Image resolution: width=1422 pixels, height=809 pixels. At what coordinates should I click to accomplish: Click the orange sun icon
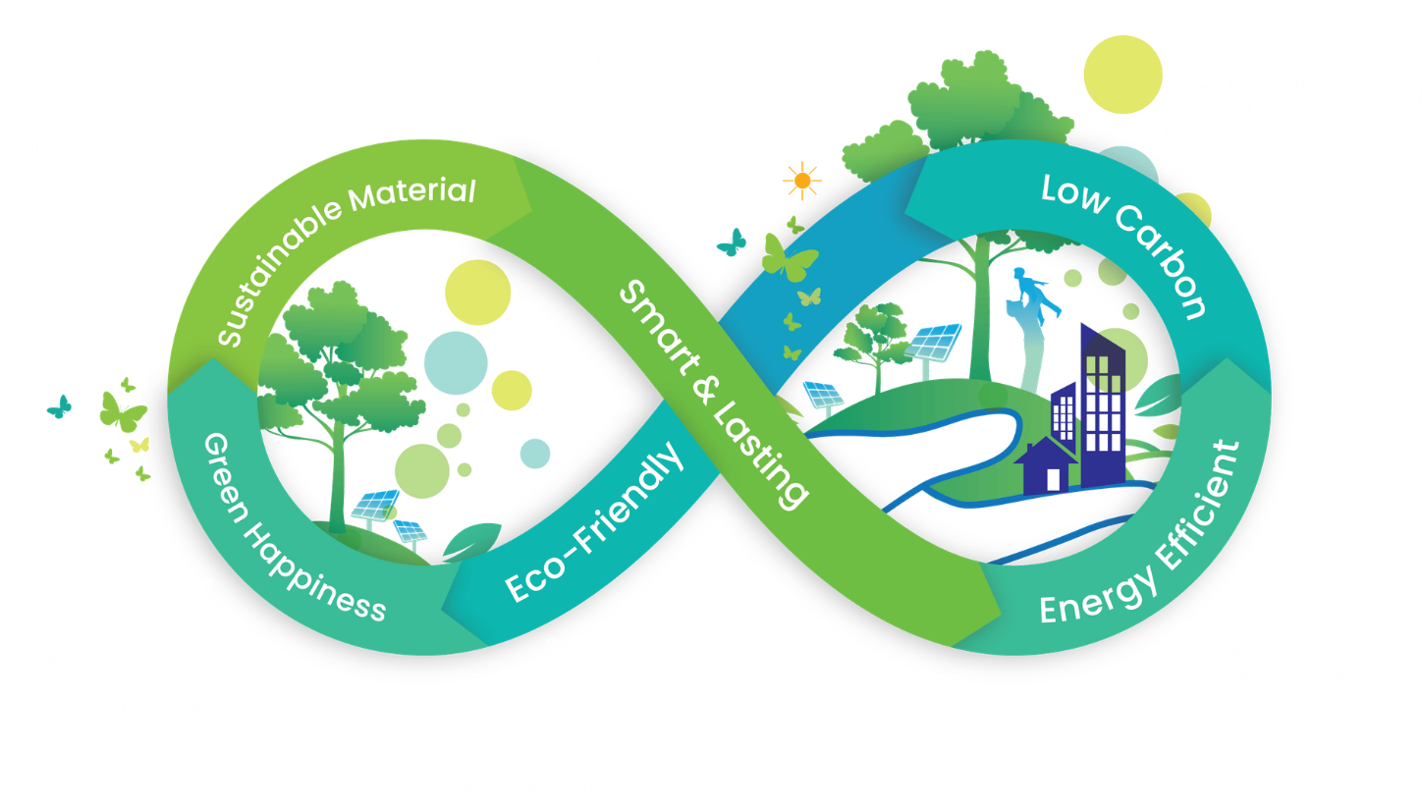pos(802,180)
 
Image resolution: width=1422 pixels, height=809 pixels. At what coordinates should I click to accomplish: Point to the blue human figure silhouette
pos(1030,295)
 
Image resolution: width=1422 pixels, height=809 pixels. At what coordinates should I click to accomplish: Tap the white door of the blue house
pos(1054,479)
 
